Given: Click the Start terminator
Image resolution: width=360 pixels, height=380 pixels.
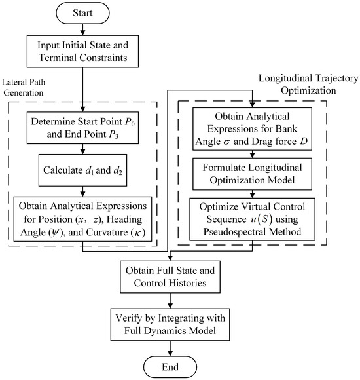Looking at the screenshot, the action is click(82, 13).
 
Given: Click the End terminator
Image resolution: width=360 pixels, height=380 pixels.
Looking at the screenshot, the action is click(170, 367).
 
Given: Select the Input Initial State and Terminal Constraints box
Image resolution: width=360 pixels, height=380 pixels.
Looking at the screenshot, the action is click(82, 51).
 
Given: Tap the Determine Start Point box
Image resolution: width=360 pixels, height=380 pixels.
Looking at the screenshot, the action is click(82, 128).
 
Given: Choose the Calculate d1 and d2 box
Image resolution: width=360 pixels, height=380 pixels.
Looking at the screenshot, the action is click(82, 170).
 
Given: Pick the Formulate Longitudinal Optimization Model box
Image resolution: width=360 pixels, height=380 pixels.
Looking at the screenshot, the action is click(252, 174).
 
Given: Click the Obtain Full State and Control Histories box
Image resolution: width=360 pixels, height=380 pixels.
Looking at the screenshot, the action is click(170, 276).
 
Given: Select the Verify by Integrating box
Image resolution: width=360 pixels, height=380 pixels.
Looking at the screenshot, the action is click(170, 324).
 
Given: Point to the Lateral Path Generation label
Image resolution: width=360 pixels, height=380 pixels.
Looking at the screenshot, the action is click(24, 87).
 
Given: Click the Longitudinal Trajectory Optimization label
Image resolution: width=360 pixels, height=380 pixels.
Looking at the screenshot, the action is click(308, 85).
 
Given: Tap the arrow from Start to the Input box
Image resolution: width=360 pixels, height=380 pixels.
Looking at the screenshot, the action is click(82, 29).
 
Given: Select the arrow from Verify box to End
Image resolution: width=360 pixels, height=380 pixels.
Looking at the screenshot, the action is click(170, 349).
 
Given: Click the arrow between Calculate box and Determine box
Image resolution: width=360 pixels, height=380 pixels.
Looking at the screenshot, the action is click(82, 149).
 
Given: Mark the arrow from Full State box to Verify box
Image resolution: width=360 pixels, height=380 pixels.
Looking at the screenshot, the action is click(170, 301).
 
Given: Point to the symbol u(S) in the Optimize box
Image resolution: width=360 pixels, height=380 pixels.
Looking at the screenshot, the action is click(262, 219).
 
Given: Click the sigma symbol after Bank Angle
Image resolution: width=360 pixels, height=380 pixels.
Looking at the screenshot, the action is click(226, 142).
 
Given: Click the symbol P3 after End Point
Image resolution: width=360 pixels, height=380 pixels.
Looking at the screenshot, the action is click(113, 134).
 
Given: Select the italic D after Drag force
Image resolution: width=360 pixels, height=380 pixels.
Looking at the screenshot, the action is click(304, 141).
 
